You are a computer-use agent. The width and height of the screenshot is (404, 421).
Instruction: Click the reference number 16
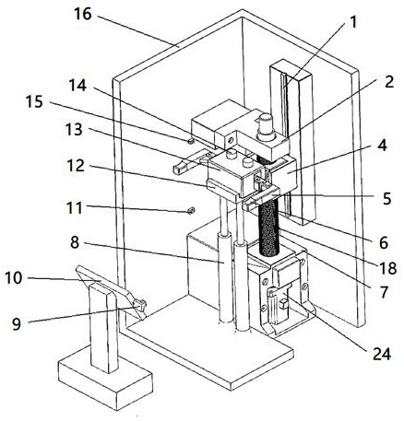tap(83, 14)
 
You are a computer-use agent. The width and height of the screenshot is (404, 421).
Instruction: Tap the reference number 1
tap(353, 23)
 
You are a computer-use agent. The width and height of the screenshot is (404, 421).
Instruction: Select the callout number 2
tap(389, 82)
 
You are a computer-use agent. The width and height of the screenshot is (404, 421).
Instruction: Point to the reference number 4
tap(382, 146)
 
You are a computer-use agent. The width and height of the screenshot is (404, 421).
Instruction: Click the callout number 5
tap(386, 199)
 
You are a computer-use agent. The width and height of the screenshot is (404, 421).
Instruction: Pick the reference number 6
tap(384, 243)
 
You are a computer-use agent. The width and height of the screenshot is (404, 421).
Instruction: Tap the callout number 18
tap(384, 292)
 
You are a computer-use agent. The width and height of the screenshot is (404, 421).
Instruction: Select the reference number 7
tap(75, 242)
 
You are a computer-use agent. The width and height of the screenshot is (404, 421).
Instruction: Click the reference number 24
tap(17, 323)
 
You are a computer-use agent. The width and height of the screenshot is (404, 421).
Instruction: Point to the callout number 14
tap(14, 278)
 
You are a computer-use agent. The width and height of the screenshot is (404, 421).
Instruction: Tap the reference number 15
tap(75, 208)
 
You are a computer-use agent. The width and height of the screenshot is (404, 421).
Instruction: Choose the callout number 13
tap(76, 166)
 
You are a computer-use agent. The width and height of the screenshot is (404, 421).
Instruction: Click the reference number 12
tap(74, 130)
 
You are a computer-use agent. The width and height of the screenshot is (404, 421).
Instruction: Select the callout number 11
tap(77, 86)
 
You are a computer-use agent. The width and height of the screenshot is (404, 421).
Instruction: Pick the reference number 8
tap(34, 101)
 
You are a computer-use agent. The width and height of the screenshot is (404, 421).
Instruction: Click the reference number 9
tap(382, 354)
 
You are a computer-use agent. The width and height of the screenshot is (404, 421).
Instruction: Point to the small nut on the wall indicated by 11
tap(191, 210)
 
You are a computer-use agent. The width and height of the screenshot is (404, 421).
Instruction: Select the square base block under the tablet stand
tap(105, 383)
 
